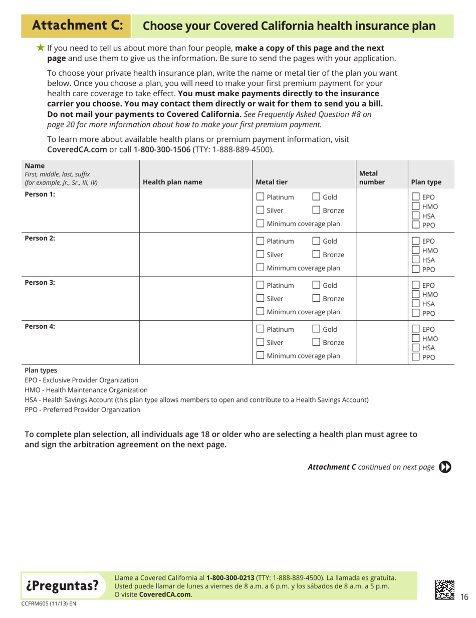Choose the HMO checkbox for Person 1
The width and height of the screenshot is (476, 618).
(x=415, y=207)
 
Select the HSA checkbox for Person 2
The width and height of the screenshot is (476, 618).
(x=415, y=261)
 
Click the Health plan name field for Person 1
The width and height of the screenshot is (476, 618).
(x=195, y=211)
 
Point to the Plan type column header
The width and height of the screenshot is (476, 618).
(x=425, y=182)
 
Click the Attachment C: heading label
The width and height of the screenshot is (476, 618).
(x=75, y=25)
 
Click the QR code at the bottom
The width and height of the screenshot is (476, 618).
(x=444, y=589)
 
